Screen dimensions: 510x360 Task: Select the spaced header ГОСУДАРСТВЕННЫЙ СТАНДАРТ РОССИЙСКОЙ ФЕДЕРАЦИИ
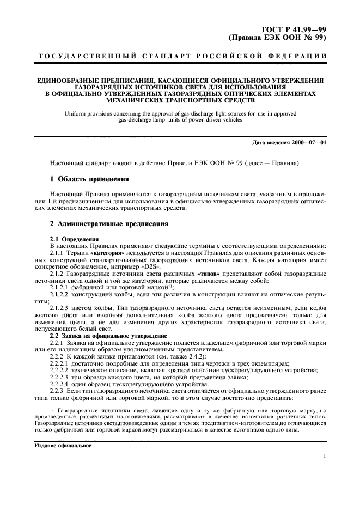tap(180, 57)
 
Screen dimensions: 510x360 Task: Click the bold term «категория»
tap(107, 253)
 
